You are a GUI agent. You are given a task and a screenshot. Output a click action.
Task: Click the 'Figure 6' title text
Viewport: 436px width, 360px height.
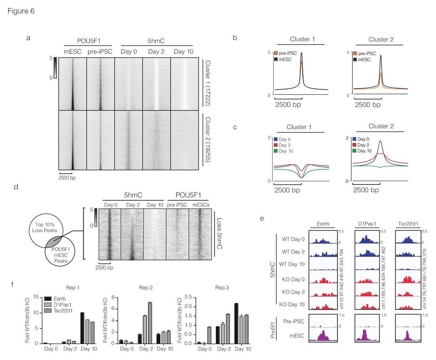click(x=21, y=11)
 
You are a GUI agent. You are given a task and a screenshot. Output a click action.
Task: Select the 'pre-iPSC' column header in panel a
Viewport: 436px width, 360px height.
click(x=100, y=52)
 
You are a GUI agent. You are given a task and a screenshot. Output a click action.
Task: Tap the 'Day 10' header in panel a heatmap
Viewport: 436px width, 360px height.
click(x=183, y=52)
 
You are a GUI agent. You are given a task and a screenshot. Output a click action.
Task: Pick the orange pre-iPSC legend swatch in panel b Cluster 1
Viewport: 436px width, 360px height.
click(x=276, y=53)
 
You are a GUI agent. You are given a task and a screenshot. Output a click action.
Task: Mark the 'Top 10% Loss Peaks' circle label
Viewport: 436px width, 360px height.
click(x=44, y=227)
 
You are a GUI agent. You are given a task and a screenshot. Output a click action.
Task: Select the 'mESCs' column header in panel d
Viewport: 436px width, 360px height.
click(x=201, y=205)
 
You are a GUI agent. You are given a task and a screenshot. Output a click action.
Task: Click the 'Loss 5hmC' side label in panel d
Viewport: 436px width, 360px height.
click(x=219, y=234)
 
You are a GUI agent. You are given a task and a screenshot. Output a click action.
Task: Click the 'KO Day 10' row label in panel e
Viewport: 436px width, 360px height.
click(x=292, y=304)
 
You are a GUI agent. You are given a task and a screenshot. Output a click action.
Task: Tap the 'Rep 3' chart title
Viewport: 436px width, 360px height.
click(x=222, y=288)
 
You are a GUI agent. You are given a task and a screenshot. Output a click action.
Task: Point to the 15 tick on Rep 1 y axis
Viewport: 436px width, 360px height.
click(x=36, y=297)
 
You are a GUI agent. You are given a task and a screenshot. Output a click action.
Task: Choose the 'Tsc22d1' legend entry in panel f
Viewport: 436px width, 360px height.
click(x=64, y=310)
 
